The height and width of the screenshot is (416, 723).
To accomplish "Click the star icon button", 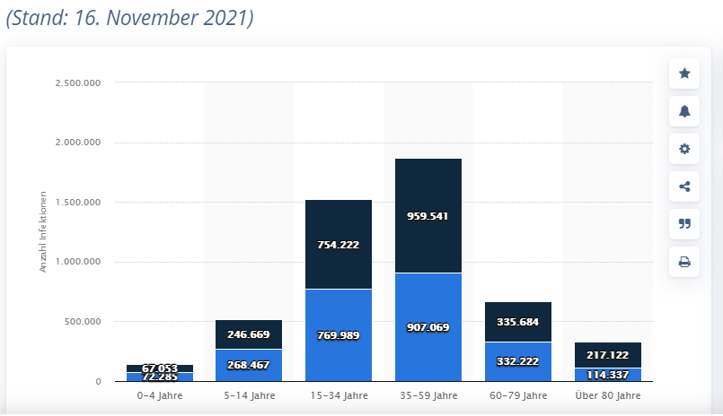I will coord(684,74).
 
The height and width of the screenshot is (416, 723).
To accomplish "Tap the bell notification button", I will coord(684,111).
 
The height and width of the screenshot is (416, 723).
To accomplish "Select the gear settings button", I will coord(684,149).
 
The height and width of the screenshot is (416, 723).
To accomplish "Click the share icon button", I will coord(684,186).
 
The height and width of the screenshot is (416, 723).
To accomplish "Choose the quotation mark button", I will coord(684,224).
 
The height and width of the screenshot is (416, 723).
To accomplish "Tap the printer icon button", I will coord(684,262).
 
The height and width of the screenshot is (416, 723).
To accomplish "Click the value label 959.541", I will coord(428,216).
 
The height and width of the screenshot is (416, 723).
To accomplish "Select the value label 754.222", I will coord(338,245).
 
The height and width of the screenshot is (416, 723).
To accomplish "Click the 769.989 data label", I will coord(338,335).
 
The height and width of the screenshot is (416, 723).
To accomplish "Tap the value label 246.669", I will coord(249,334).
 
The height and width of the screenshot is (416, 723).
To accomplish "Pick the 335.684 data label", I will coord(517,322).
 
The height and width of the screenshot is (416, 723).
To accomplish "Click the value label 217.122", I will coord(607,355).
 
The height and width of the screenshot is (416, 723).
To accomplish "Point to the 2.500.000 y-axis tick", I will coord(77,83).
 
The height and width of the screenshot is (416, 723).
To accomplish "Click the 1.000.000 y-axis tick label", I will coord(77,262).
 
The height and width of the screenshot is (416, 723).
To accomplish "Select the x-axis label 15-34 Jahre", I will coord(338,395).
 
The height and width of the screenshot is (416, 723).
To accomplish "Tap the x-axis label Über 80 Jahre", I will coord(607,395).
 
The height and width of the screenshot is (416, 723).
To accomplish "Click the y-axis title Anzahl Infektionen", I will coord(43,232).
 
